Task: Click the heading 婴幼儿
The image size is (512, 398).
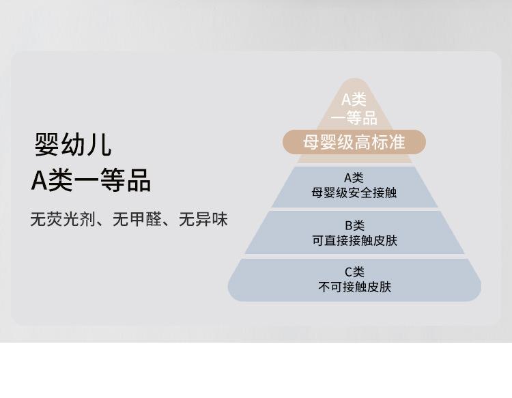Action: [x=73, y=144]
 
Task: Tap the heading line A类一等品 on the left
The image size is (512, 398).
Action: [x=91, y=180]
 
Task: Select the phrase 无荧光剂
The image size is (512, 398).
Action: [x=63, y=219]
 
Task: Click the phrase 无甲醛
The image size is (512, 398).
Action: [x=137, y=219]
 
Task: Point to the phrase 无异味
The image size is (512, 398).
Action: [x=203, y=219]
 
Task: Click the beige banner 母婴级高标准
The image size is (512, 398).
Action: [x=354, y=142]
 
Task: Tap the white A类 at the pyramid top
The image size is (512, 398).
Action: [x=354, y=99]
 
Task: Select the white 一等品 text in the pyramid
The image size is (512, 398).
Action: [x=354, y=117]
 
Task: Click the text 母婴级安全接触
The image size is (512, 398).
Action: [x=354, y=193]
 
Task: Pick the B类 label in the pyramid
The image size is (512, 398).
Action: [x=354, y=225]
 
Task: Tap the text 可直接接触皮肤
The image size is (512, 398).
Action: [x=354, y=240]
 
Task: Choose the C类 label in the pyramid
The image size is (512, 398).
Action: [x=354, y=272]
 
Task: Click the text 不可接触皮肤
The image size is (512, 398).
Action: [x=354, y=287]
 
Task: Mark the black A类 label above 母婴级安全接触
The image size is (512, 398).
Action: [x=354, y=178]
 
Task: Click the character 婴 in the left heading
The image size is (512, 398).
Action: [x=46, y=144]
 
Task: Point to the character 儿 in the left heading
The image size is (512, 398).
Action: [x=100, y=144]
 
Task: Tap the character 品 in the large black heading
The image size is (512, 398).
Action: [x=139, y=180]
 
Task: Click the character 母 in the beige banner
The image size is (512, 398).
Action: [x=311, y=142]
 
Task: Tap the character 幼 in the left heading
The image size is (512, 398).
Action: [x=73, y=144]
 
